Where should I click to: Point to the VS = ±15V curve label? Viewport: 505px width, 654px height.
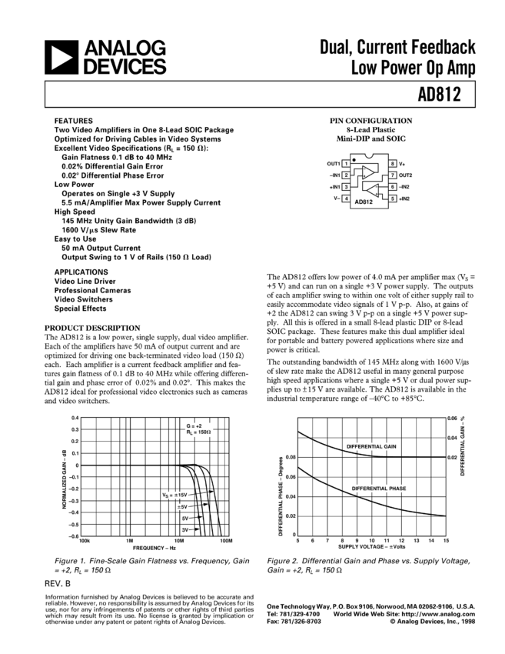[x=174, y=494]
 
